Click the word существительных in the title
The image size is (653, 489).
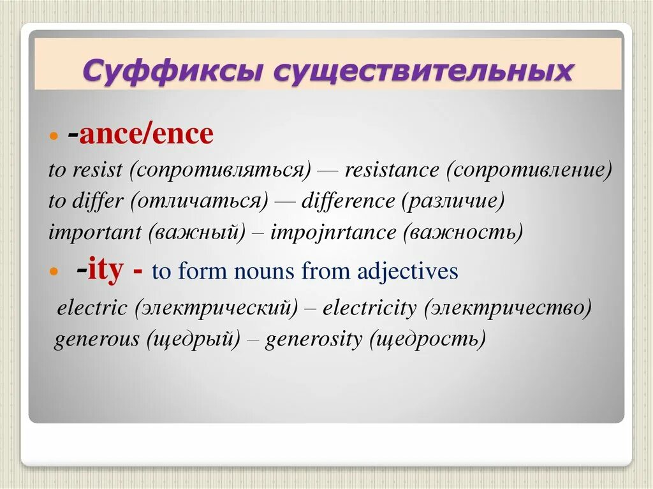(423, 70)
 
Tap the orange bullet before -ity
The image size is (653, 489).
(54, 272)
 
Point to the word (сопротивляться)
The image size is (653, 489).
(220, 170)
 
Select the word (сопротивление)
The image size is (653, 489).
(529, 170)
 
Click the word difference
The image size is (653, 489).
(348, 201)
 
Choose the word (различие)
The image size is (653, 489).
(453, 201)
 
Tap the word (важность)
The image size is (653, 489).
(463, 233)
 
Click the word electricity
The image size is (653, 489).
(369, 308)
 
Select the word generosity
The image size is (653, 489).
(313, 339)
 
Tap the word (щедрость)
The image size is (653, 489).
(427, 339)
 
